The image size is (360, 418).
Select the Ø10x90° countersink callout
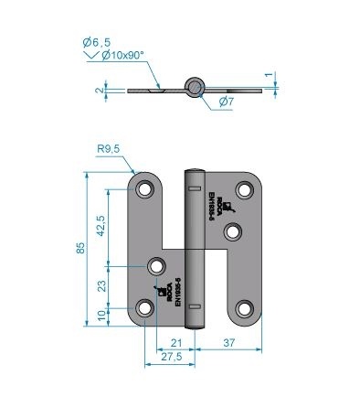tap(122, 55)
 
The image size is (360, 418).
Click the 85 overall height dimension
tap(81, 247)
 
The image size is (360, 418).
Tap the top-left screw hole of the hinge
tap(145, 190)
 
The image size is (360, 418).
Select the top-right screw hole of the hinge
tap(244, 190)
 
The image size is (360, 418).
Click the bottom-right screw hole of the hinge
tap(244, 307)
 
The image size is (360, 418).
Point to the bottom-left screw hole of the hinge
tap(145, 307)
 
